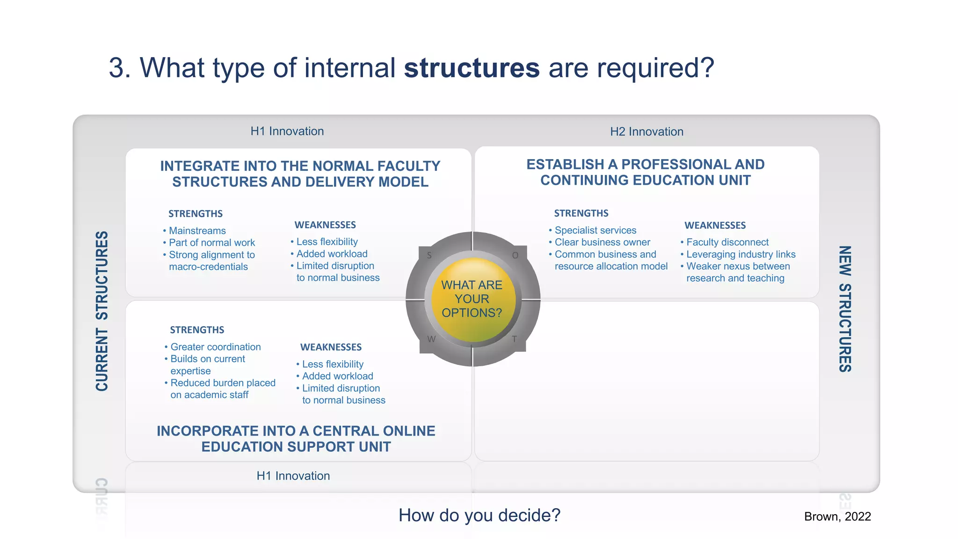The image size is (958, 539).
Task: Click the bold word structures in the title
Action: point(472,68)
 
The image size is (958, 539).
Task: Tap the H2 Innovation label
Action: point(646,131)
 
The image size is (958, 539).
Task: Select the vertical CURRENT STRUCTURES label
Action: point(102,311)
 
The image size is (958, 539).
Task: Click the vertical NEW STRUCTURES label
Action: point(844,309)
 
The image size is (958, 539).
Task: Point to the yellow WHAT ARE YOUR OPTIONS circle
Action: point(472,299)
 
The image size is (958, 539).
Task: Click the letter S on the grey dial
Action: point(429,255)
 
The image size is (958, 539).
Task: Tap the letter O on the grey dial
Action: point(515,255)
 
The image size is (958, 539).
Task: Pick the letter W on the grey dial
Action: point(431,339)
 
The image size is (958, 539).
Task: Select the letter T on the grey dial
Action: point(514,339)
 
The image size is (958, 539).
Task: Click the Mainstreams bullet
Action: point(197,231)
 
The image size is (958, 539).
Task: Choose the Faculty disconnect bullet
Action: point(727,242)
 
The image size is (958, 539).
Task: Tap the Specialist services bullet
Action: point(595,230)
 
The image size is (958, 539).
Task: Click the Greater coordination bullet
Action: point(215,347)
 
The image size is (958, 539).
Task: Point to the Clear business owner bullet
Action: point(602,242)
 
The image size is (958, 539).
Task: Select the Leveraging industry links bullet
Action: point(740,255)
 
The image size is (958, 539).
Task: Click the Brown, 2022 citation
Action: point(837,517)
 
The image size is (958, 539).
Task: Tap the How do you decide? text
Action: point(479,515)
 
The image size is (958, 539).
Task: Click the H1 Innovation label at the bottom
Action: point(293,476)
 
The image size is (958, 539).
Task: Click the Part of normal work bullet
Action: point(211,243)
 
